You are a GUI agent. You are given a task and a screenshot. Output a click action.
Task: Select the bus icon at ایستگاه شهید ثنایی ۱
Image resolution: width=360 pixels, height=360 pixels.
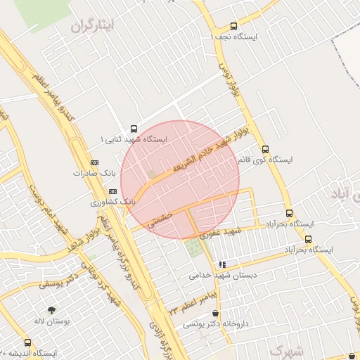click(134, 129)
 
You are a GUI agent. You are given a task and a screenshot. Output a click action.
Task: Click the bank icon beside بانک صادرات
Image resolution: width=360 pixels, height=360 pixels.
click(95, 162)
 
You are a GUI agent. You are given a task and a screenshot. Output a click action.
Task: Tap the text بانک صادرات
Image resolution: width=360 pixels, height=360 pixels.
click(90, 172)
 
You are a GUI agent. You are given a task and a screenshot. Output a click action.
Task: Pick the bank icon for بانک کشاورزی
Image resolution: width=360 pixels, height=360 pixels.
click(112, 191)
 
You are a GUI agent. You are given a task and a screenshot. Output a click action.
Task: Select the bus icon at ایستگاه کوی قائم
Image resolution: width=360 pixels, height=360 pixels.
click(265, 149)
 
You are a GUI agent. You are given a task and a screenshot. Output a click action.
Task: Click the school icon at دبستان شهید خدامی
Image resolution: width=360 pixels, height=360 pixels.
click(222, 265)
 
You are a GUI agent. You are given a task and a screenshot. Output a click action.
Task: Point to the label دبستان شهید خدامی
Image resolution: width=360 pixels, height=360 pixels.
click(215, 276)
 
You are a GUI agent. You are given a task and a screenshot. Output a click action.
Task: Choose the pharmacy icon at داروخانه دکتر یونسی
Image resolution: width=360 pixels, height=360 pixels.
click(215, 314)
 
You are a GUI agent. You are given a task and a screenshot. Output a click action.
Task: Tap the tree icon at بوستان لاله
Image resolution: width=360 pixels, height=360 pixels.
click(51, 310)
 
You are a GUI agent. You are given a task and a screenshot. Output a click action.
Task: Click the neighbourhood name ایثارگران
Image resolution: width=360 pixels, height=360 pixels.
click(91, 26)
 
